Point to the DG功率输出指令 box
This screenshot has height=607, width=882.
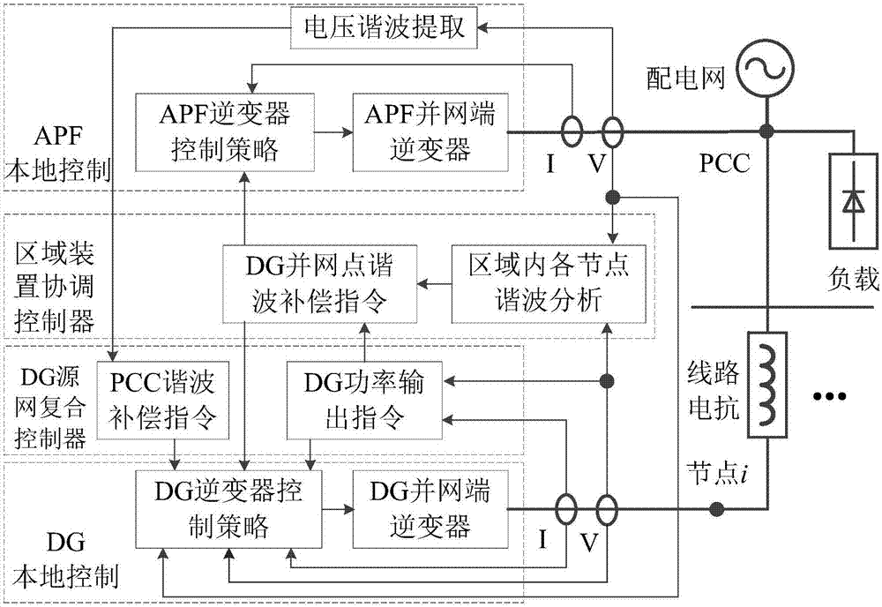365,399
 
